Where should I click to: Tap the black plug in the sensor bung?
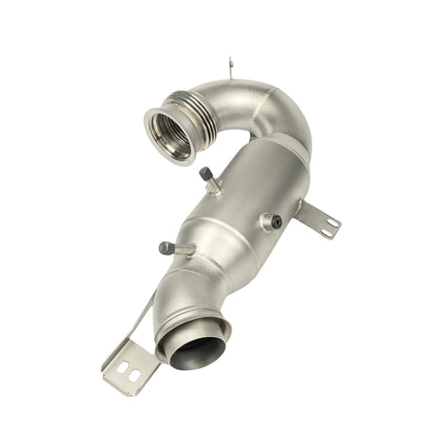coord(275,221)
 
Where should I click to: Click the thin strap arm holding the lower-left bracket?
coord(142,317)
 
